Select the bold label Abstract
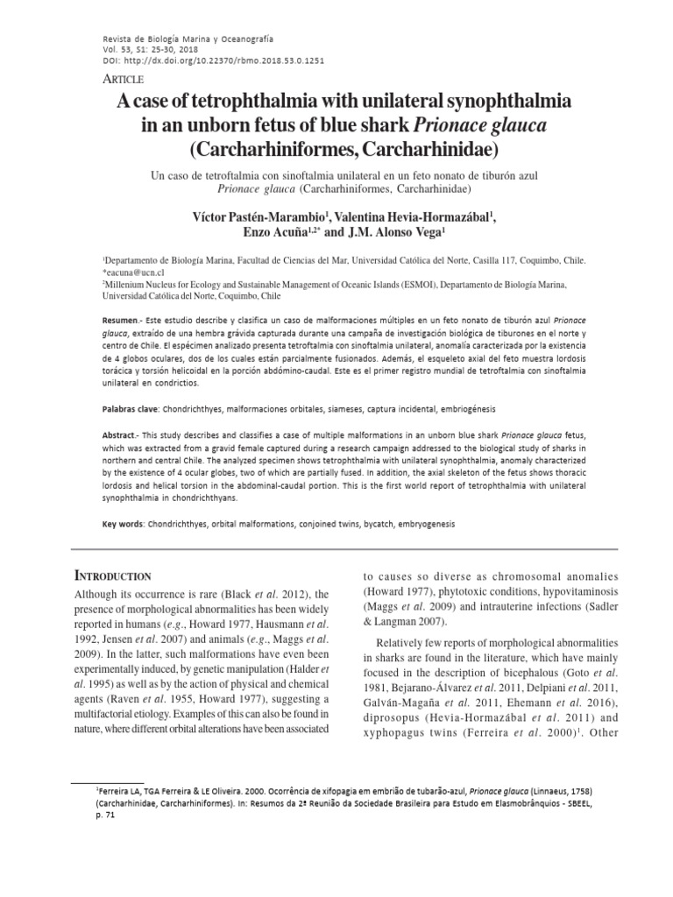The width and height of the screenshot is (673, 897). click(x=119, y=435)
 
